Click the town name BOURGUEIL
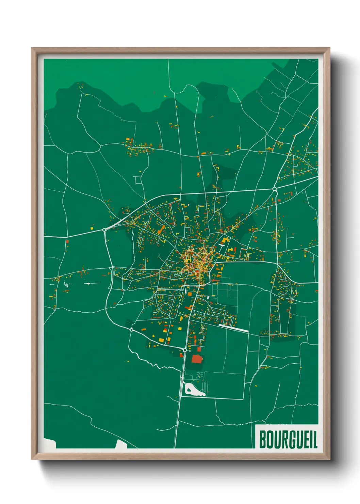click(x=288, y=440)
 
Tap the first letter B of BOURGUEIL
click(x=262, y=440)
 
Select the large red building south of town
click(x=197, y=359)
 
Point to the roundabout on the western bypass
click(x=104, y=230)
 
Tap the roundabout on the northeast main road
click(x=274, y=189)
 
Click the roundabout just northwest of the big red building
click(x=185, y=350)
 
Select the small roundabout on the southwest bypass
click(x=131, y=330)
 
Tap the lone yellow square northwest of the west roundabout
click(x=92, y=227)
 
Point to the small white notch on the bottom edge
click(x=121, y=444)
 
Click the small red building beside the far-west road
click(x=67, y=241)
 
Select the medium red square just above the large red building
click(x=199, y=349)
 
